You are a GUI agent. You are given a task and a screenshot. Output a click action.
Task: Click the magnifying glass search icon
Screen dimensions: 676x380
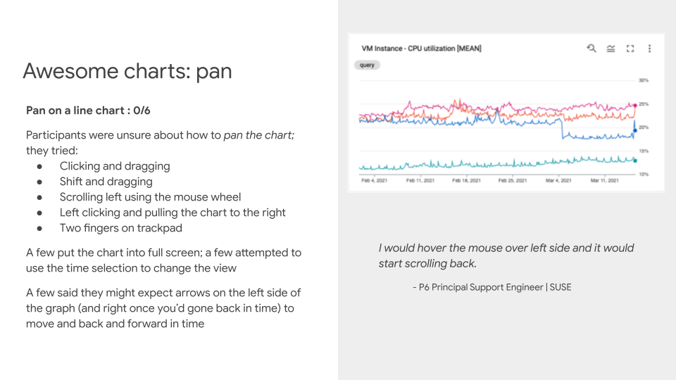(x=591, y=49)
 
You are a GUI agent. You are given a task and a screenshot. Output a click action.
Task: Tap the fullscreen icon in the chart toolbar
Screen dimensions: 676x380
(x=630, y=49)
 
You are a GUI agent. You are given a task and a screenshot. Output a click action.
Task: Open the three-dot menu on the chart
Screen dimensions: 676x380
(x=650, y=49)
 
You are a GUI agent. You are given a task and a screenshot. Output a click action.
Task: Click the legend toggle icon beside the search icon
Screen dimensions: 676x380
(x=611, y=49)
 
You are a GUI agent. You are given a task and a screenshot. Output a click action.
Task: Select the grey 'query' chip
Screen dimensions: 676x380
(x=367, y=65)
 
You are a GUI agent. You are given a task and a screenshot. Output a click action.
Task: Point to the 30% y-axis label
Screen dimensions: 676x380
(x=644, y=80)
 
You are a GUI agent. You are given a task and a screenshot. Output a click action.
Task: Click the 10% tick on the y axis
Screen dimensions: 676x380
(x=644, y=174)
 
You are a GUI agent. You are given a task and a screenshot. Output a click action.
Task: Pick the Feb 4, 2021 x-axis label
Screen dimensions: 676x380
(x=374, y=181)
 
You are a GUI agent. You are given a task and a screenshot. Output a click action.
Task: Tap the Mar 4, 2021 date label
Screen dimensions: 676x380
(x=558, y=181)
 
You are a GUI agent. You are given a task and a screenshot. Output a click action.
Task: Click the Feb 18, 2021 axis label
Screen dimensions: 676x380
(x=466, y=181)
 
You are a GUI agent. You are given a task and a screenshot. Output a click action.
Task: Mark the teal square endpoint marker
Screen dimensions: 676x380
(x=635, y=160)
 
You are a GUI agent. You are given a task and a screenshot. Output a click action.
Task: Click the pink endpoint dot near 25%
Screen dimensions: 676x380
(x=635, y=105)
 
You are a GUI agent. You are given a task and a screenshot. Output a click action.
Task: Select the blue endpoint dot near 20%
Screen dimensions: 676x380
(x=635, y=130)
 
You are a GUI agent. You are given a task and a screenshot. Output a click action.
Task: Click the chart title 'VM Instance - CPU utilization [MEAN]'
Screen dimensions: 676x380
(x=421, y=49)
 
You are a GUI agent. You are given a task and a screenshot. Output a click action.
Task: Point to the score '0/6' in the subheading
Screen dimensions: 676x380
(x=142, y=110)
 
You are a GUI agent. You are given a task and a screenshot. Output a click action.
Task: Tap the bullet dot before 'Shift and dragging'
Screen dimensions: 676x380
(x=39, y=182)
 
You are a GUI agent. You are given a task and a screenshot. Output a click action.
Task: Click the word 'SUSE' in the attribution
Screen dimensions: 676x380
(x=561, y=287)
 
